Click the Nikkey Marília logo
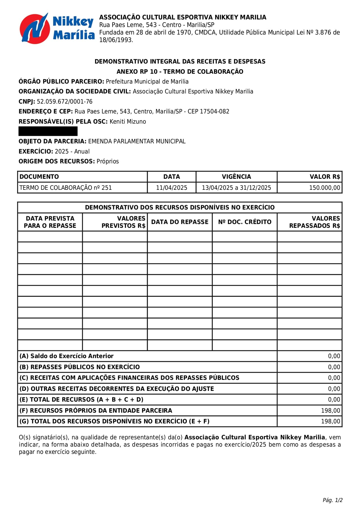[57, 28]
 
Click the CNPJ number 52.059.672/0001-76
[64, 102]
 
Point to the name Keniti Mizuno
[128, 122]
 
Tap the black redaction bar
[48, 131]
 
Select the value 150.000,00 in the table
[324, 188]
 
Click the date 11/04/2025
[171, 188]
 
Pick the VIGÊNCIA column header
[236, 177]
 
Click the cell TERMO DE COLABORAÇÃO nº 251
[66, 188]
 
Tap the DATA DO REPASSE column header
[180, 222]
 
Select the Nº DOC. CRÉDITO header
[245, 222]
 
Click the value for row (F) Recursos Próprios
[330, 411]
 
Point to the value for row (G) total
[330, 421]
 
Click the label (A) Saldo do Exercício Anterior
[66, 356]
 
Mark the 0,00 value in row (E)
[334, 400]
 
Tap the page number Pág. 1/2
[332, 500]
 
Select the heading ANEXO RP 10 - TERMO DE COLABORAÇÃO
[180, 72]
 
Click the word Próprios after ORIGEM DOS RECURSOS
[108, 161]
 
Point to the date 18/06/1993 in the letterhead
[116, 40]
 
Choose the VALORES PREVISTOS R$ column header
[123, 222]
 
